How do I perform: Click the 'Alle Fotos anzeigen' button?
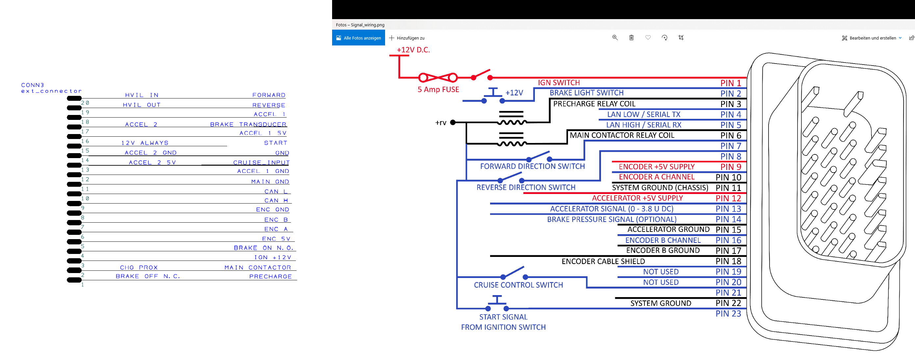[x=358, y=38]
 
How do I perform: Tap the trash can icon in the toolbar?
[x=631, y=38]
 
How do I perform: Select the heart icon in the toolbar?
[x=648, y=38]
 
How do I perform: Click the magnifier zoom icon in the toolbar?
[x=615, y=38]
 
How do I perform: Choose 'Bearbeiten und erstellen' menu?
[x=872, y=38]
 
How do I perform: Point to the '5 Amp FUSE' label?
[x=438, y=90]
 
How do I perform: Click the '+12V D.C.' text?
[x=413, y=50]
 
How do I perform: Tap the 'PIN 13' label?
[x=728, y=209]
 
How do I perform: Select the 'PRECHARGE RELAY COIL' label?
[x=594, y=104]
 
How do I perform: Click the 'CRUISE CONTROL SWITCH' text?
[x=518, y=285]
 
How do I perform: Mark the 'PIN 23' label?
[x=728, y=314]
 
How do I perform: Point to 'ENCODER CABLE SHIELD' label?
[x=603, y=262]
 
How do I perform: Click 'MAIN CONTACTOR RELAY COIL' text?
[x=622, y=135]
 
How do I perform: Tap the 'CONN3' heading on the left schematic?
[x=33, y=85]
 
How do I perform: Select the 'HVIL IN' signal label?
[x=142, y=95]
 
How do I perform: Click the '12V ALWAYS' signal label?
[x=145, y=143]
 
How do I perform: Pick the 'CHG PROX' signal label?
[x=139, y=267]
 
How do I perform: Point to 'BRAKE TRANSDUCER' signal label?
[x=248, y=125]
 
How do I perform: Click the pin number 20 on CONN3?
[x=85, y=103]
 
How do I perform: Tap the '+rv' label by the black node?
[x=441, y=123]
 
